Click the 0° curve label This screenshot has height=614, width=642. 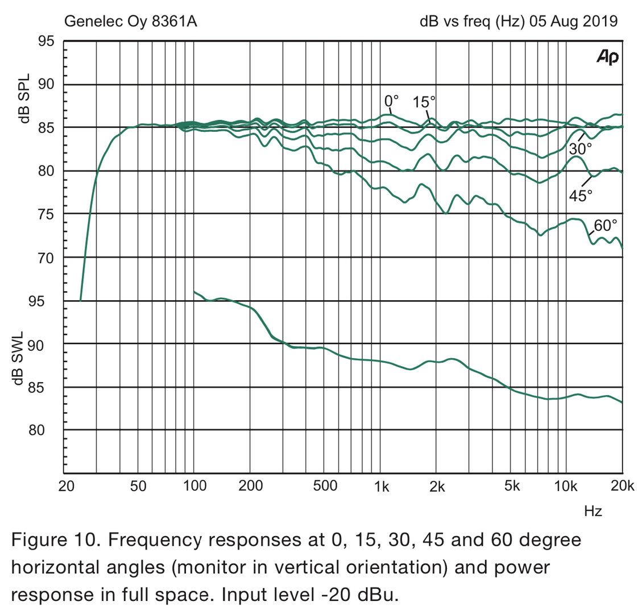(x=391, y=101)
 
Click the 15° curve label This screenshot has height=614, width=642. (x=424, y=102)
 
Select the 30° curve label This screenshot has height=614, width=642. (x=580, y=149)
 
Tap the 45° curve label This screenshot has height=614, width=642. (x=581, y=195)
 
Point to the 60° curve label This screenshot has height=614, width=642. (x=605, y=225)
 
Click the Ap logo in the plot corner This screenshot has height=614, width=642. (x=607, y=57)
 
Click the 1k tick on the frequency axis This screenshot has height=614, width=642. (x=382, y=486)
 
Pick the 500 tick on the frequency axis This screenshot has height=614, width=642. (x=325, y=486)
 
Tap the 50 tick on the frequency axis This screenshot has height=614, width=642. (x=138, y=486)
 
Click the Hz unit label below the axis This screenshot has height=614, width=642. (x=593, y=511)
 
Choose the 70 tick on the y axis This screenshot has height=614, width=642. (x=46, y=258)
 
